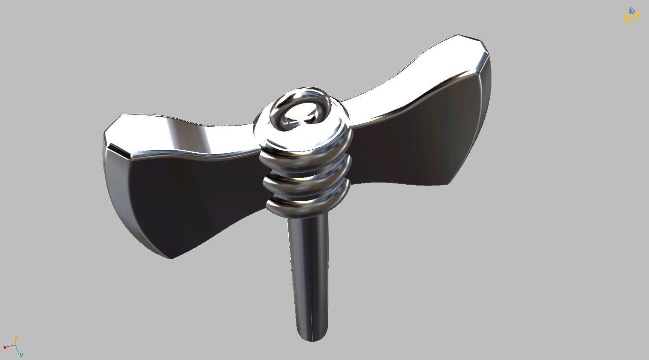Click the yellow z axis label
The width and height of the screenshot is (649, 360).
coord(17,338)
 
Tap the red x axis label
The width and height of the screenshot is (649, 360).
coord(5,347)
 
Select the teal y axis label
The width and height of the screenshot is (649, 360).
coord(21,354)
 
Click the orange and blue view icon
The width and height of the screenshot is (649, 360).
coord(631,15)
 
